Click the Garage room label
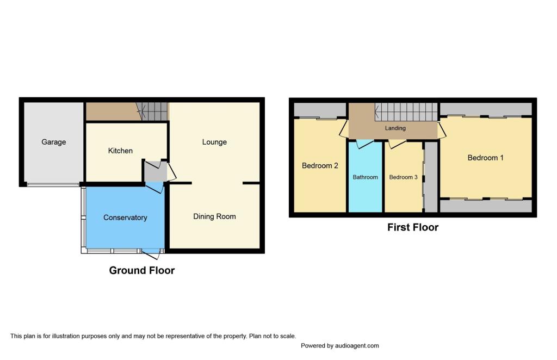tap(54, 142)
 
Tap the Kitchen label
tap(120, 151)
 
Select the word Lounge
tap(214, 142)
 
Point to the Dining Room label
tap(214, 216)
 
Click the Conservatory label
tap(125, 218)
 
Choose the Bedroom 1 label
tap(485, 158)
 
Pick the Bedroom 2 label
tap(320, 166)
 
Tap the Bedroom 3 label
tap(403, 177)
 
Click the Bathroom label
tap(365, 177)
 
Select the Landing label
tap(395, 128)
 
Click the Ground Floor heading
tap(142, 270)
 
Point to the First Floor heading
tap(413, 227)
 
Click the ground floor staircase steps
tap(152, 111)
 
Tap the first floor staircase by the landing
tap(406, 112)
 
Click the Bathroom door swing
tap(364, 144)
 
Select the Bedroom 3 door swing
tap(397, 144)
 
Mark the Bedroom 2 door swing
tap(343, 129)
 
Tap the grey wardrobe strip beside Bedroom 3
tap(431, 177)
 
